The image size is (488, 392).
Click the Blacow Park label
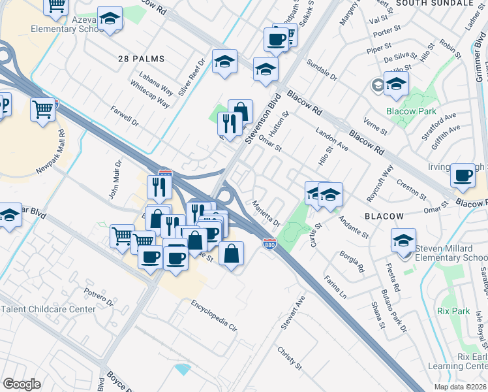tap(410, 111)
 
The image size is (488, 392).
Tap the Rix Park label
tap(454, 311)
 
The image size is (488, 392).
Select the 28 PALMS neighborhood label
tap(141, 59)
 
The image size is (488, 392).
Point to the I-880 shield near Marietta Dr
tap(269, 244)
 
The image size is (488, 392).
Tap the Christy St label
tap(290, 358)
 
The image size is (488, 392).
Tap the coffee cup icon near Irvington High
tap(463, 175)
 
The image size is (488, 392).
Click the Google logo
tap(22, 384)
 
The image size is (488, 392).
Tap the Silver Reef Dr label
tap(191, 77)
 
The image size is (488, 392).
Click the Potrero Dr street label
tap(99, 296)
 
